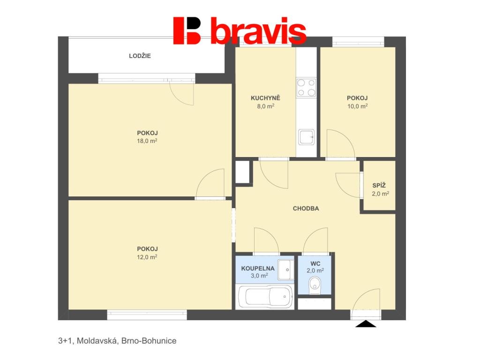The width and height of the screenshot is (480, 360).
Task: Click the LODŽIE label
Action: (140, 56)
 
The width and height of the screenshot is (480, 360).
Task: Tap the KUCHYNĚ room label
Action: (265, 98)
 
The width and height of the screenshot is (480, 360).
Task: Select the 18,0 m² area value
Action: (147, 141)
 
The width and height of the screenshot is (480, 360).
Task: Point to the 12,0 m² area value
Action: (147, 257)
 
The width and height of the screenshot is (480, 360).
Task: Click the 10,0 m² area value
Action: (357, 106)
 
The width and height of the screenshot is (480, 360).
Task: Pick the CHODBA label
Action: (306, 209)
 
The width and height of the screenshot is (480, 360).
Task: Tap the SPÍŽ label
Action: (379, 185)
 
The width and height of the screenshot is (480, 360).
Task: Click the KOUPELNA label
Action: (258, 269)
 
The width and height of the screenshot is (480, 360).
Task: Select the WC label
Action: (315, 263)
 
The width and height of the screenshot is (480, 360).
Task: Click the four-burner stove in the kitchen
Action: (306, 88)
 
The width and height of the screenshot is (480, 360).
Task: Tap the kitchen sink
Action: (307, 137)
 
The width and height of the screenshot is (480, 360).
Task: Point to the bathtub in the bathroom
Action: (266, 296)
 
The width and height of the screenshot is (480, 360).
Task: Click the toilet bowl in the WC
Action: (315, 285)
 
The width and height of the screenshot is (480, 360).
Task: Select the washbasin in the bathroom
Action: (285, 270)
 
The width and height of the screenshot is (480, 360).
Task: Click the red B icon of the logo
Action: (187, 30)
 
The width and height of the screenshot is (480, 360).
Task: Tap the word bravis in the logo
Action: (258, 30)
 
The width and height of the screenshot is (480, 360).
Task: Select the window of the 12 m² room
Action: (147, 315)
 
